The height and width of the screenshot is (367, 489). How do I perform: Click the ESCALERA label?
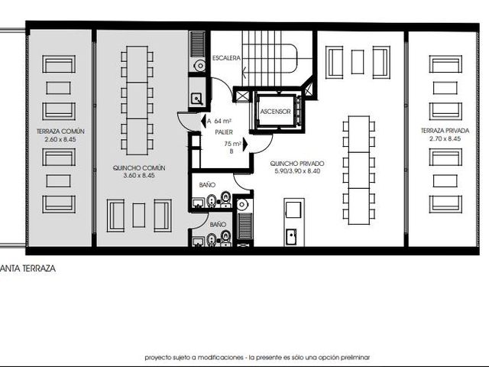pos(226,58)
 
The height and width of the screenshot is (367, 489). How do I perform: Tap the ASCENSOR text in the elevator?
pos(275,112)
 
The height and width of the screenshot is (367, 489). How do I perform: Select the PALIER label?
pos(224,132)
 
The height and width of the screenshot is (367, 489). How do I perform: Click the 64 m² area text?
pos(222,121)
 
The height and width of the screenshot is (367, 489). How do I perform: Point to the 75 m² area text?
pos(232,144)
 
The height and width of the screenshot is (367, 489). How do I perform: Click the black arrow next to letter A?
pos(203,121)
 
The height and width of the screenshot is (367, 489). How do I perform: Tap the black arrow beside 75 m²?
pos(245,145)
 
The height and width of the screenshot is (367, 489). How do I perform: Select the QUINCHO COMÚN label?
pos(139,168)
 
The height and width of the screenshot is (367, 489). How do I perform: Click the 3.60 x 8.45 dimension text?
pos(139,175)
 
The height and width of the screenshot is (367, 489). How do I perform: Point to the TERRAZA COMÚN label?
pos(60,132)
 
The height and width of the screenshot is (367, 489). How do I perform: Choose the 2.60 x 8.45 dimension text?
pos(60,139)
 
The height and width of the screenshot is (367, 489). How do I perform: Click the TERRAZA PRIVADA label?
pos(445,131)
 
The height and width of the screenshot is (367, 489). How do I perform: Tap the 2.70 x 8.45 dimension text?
pos(445,138)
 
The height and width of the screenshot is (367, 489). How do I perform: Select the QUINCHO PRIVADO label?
pos(297,164)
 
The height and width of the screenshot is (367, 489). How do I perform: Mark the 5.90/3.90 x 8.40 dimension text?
pos(297,171)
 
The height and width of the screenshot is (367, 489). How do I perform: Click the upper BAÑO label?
pos(207,185)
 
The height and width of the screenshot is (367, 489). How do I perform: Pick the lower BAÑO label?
pos(218,224)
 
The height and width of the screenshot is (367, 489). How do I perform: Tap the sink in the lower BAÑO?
pos(199,242)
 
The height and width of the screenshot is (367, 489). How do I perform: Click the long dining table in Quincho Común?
pos(137,100)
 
